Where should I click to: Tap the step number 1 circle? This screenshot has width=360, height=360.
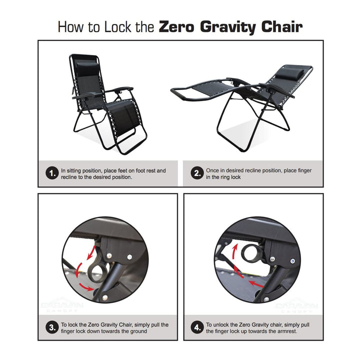[51, 174]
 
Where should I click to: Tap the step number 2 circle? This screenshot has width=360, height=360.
[196, 174]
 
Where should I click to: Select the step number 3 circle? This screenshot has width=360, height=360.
[51, 328]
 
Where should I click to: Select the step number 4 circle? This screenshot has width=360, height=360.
[196, 328]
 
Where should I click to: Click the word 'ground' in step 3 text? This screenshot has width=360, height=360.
[137, 331]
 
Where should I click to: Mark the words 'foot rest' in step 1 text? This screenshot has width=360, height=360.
[140, 170]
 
